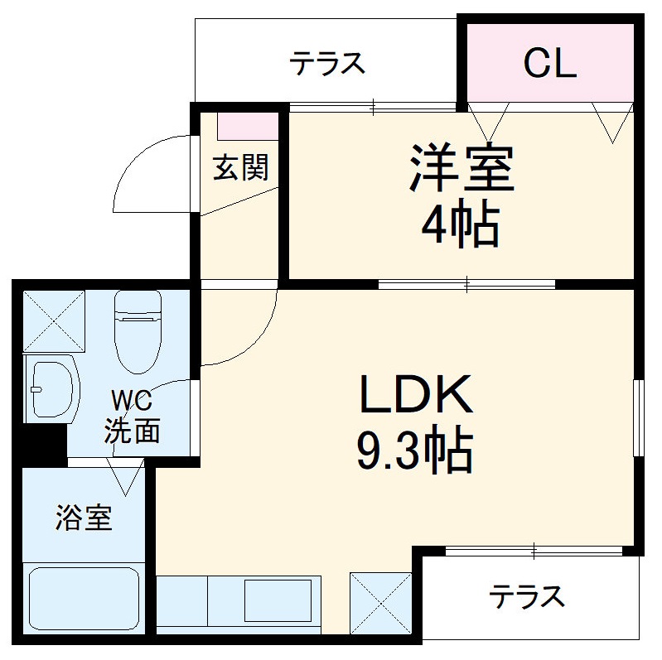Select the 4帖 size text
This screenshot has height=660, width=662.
click(461, 224)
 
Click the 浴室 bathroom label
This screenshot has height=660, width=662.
click(84, 519)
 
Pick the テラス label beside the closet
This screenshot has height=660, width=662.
click(327, 63)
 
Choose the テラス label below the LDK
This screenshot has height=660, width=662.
click(526, 595)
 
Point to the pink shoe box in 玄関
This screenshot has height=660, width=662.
click(248, 125)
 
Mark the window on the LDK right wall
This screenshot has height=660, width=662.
click(638, 417)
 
